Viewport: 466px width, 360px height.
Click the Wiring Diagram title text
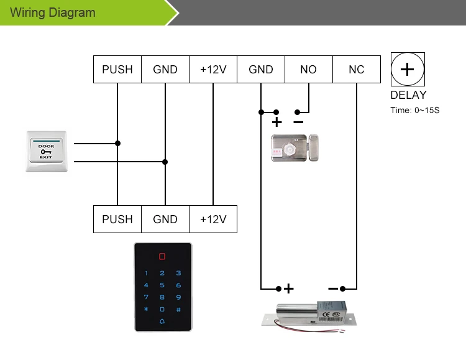(x=53, y=12)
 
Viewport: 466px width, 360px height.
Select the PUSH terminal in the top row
(x=117, y=70)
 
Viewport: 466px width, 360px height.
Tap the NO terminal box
(x=308, y=70)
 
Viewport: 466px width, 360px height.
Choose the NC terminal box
(x=357, y=70)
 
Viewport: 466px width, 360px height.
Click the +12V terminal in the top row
(x=213, y=70)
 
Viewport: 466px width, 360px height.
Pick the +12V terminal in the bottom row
(x=213, y=219)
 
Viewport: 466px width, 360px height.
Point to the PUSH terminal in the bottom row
(x=117, y=219)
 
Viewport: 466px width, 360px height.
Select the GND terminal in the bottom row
(x=165, y=219)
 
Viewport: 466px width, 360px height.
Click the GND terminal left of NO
(x=261, y=70)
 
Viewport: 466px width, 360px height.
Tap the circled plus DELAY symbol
(x=408, y=69)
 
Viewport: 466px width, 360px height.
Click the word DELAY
(x=408, y=95)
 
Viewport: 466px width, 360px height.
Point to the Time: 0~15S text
(x=414, y=111)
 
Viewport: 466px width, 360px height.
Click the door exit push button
(x=47, y=150)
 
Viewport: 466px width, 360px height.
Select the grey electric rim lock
(x=295, y=147)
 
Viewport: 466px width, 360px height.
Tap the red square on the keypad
(x=162, y=256)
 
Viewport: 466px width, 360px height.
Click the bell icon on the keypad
(x=162, y=321)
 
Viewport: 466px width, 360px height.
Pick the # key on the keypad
(x=178, y=309)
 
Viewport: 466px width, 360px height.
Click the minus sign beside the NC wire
(x=333, y=288)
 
